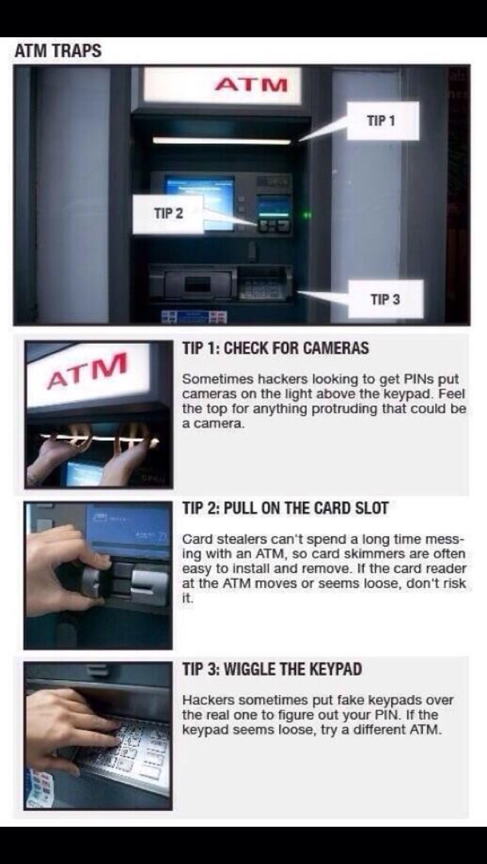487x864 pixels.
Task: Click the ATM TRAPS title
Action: click(58, 52)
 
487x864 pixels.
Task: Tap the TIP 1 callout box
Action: click(381, 121)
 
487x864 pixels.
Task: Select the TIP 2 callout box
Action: click(168, 214)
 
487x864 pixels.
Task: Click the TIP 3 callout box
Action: click(384, 299)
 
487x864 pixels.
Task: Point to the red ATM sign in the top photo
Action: click(250, 84)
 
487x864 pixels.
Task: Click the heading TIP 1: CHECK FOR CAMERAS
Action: click(275, 348)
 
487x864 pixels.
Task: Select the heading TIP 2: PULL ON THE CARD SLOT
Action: click(285, 508)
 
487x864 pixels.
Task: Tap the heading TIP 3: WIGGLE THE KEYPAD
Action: click(272, 669)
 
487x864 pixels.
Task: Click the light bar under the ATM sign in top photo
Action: click(221, 141)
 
